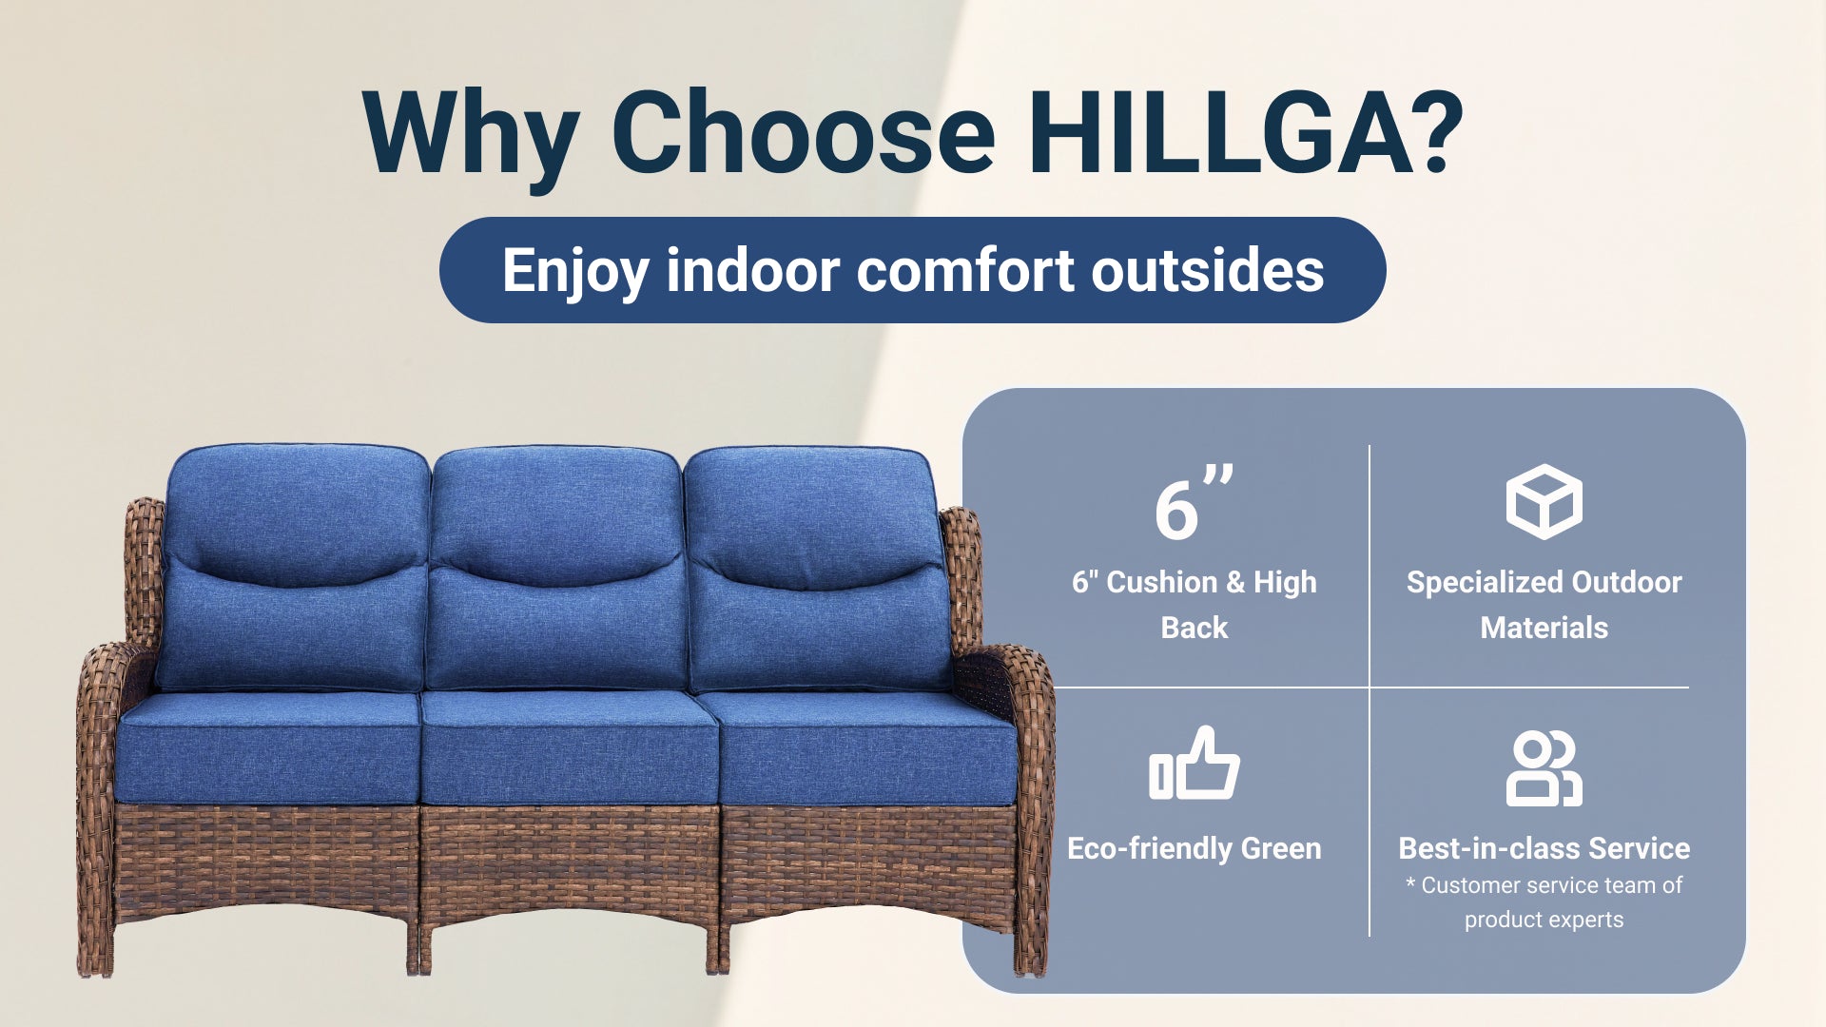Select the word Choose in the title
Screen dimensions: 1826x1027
point(803,132)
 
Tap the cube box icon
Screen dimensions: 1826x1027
point(1544,501)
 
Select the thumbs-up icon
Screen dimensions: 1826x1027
point(1195,764)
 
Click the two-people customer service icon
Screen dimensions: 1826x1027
point(1544,768)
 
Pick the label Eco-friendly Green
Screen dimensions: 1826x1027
point(1195,848)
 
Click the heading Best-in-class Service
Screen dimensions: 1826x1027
point(1544,848)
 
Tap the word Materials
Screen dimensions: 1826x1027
point(1544,628)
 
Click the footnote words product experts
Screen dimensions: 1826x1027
point(1544,920)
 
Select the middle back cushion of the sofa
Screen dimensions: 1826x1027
point(558,569)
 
